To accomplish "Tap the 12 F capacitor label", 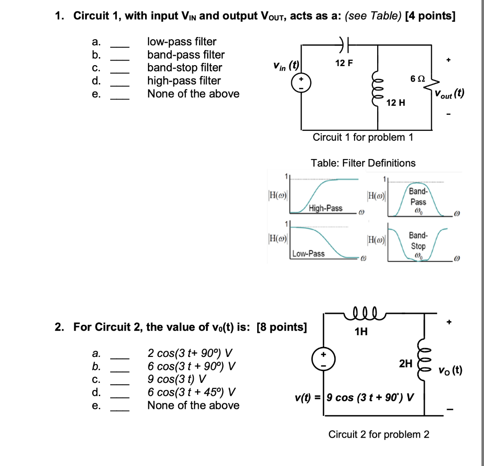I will (x=344, y=63).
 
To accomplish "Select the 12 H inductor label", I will (x=396, y=103).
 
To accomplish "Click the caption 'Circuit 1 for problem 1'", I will (x=363, y=137).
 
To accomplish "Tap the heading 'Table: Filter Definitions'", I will (x=363, y=163).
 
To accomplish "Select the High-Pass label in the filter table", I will (x=326, y=208).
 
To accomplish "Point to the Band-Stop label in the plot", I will (x=418, y=241).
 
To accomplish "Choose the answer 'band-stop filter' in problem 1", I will (x=184, y=68).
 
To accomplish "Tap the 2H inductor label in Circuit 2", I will (x=406, y=363).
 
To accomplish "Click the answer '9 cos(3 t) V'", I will (x=177, y=379).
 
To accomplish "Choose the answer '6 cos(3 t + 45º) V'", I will (x=191, y=392).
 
